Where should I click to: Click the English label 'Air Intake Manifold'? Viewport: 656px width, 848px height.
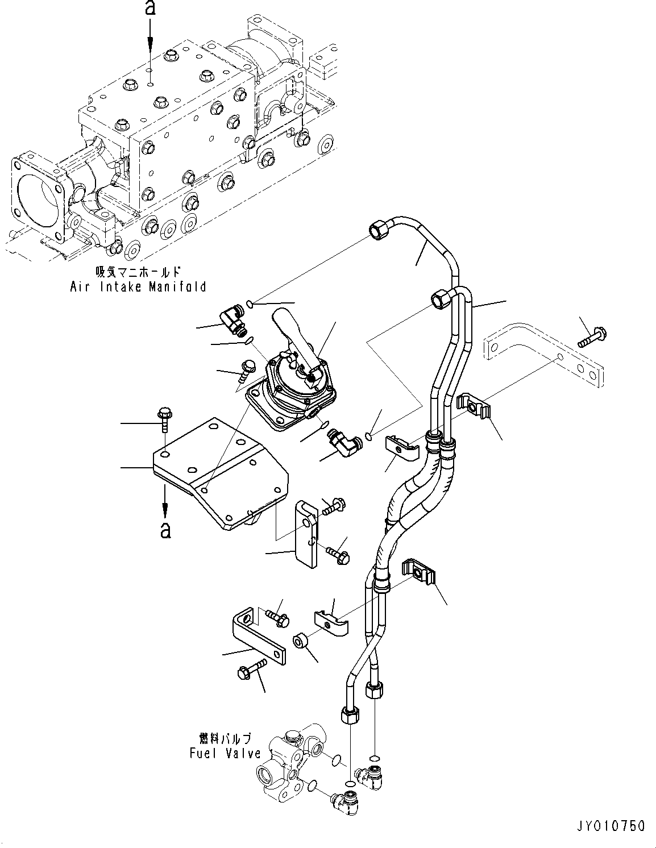click(138, 286)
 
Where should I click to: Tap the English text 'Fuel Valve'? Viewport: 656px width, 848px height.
click(225, 753)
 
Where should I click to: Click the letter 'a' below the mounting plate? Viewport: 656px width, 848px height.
click(165, 530)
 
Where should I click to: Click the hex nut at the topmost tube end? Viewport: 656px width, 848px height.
click(378, 230)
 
